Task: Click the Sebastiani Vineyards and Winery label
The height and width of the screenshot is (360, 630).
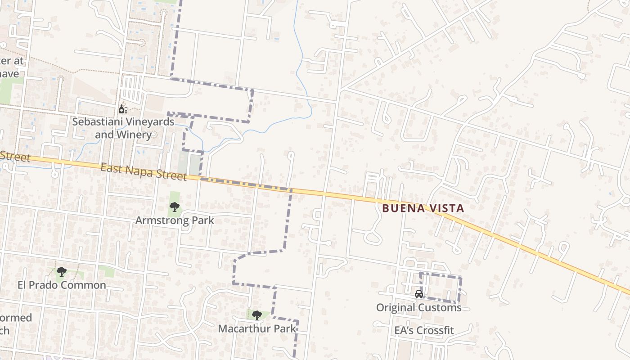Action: click(x=123, y=128)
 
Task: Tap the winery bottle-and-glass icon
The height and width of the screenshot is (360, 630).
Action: click(x=122, y=109)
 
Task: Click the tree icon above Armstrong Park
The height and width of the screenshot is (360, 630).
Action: click(x=175, y=207)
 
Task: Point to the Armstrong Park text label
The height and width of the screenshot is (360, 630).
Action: click(x=175, y=220)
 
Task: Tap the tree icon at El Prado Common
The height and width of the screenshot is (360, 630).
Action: click(x=62, y=272)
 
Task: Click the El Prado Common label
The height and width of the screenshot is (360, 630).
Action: click(x=62, y=285)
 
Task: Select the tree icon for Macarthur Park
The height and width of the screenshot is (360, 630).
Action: click(x=256, y=315)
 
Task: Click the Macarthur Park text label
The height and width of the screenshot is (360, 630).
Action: click(x=257, y=328)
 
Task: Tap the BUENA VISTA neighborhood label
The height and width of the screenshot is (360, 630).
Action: click(x=423, y=208)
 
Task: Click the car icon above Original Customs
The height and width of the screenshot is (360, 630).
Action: click(x=418, y=294)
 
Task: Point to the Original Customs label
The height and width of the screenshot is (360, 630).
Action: click(x=418, y=308)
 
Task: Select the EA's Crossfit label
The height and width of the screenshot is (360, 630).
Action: click(x=424, y=330)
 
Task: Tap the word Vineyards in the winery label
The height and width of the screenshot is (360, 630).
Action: click(x=149, y=121)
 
